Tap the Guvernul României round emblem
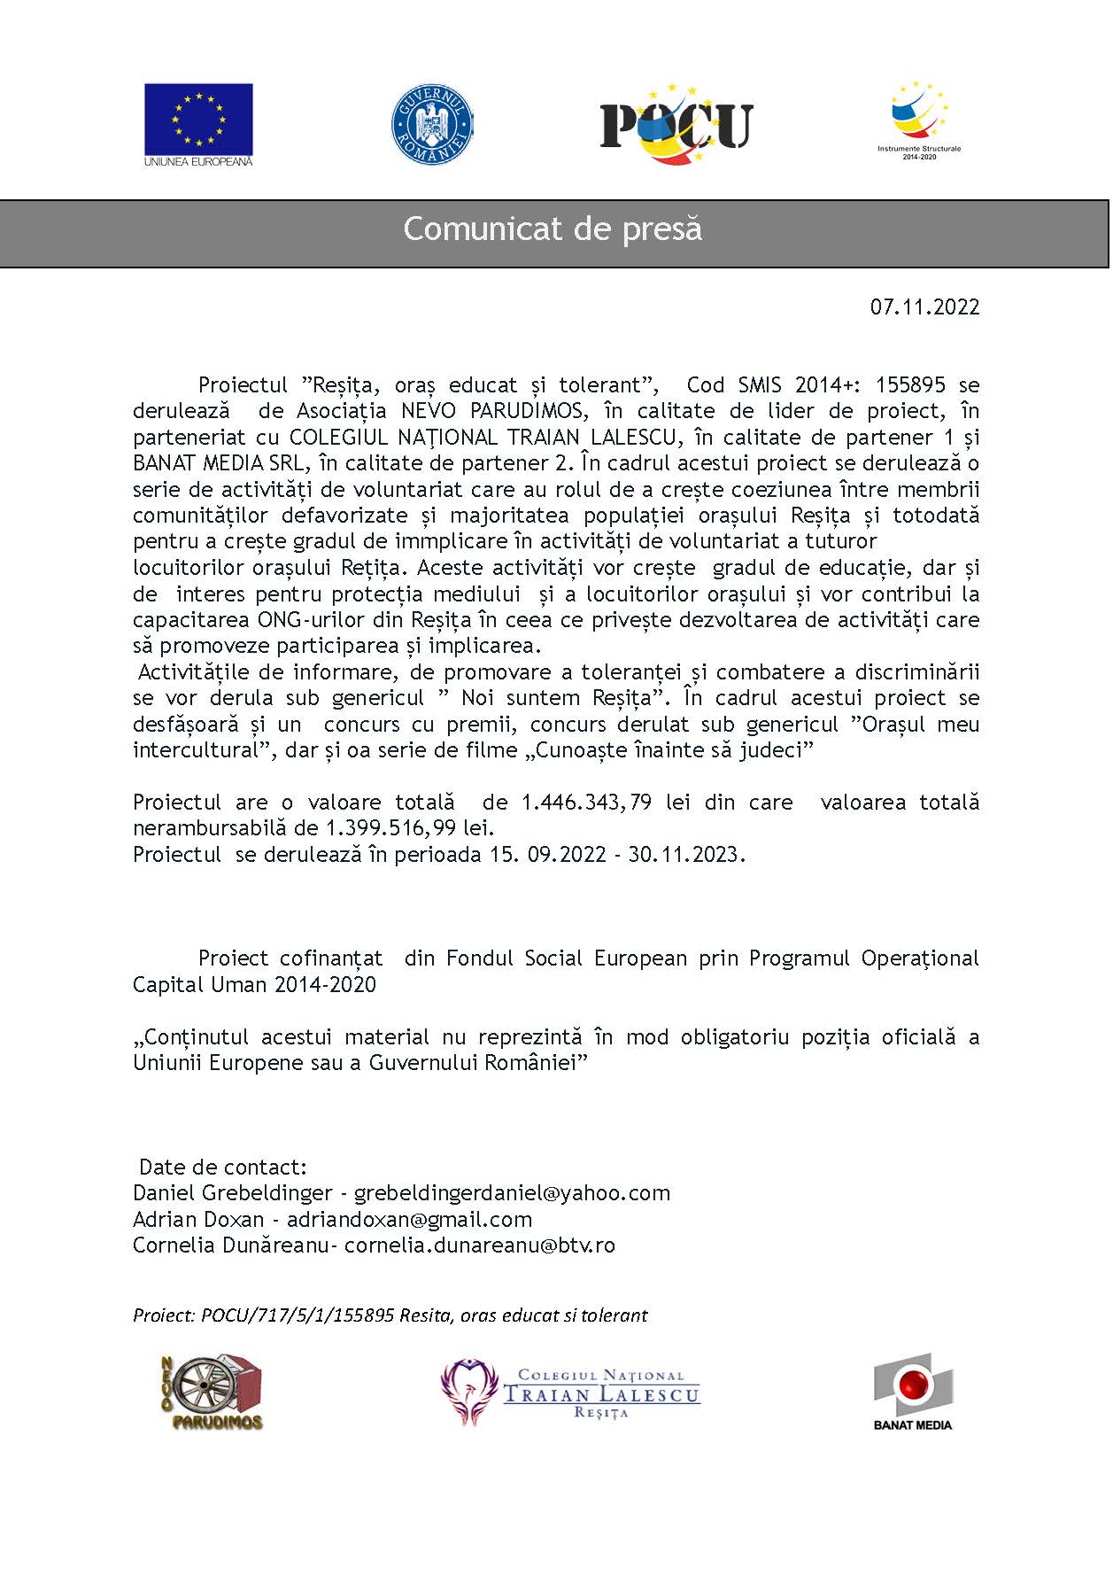pyautogui.click(x=431, y=124)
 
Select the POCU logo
pyautogui.click(x=676, y=125)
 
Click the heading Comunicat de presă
pyautogui.click(x=553, y=229)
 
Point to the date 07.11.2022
pyautogui.click(x=924, y=307)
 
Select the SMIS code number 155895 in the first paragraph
pyautogui.click(x=910, y=385)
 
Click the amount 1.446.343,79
pyautogui.click(x=586, y=803)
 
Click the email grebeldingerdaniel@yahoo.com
pyautogui.click(x=512, y=1193)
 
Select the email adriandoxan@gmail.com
pyautogui.click(x=409, y=1220)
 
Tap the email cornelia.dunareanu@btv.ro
pyautogui.click(x=479, y=1245)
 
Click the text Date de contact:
pyautogui.click(x=223, y=1168)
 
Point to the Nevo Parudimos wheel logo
pyautogui.click(x=211, y=1393)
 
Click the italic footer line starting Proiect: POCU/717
pyautogui.click(x=390, y=1315)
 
